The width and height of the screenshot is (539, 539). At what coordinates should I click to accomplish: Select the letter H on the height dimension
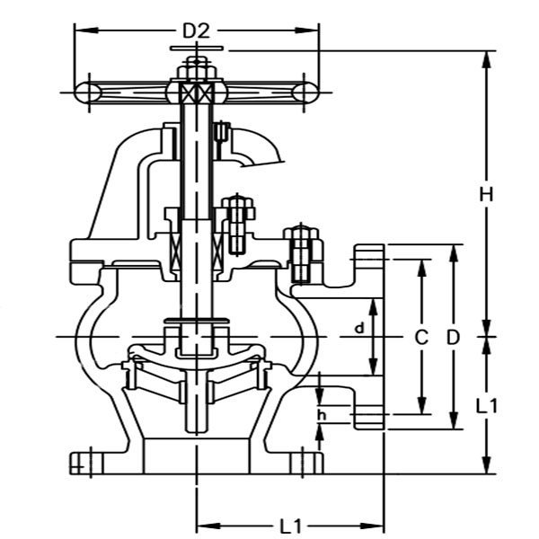(x=486, y=194)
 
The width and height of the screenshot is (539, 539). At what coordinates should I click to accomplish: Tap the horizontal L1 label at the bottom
(x=290, y=524)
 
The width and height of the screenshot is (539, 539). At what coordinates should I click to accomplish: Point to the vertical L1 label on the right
(x=486, y=405)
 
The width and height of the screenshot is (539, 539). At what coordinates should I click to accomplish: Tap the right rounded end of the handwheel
(x=306, y=91)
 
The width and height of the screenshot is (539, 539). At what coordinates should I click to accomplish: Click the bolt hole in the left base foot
(x=80, y=464)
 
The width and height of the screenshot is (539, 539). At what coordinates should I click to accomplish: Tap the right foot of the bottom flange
(x=305, y=463)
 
